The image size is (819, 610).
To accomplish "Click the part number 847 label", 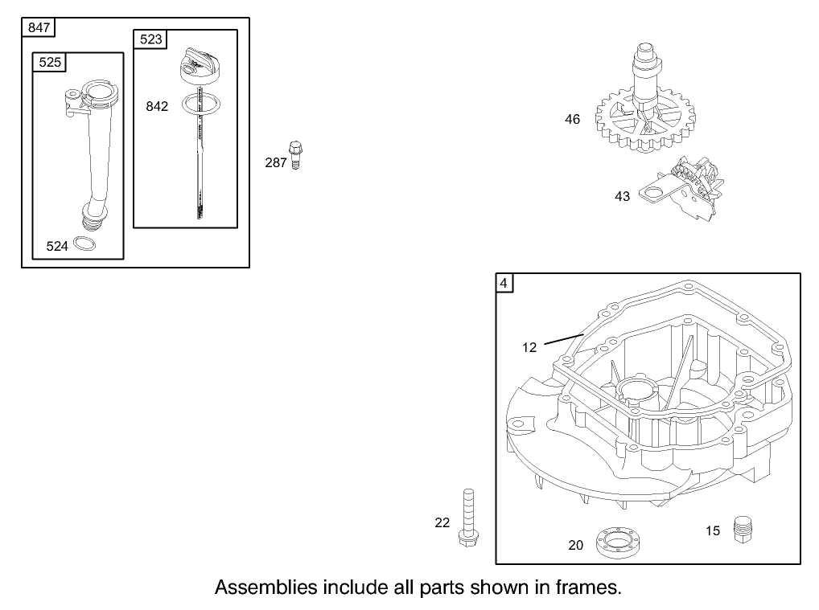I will (39, 28).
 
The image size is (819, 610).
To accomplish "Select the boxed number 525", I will (50, 62).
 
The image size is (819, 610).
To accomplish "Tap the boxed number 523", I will (150, 39).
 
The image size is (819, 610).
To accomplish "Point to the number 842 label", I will (157, 106).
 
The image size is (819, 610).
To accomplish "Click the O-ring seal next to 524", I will (85, 244).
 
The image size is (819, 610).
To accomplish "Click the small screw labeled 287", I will (296, 154).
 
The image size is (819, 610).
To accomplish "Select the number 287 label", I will (276, 162).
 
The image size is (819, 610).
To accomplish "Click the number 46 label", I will (572, 119).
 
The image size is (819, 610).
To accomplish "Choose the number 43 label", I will (622, 196).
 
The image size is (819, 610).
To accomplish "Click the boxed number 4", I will (504, 283).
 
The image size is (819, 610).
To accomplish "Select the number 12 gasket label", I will (529, 347).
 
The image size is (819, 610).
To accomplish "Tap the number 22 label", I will (442, 522).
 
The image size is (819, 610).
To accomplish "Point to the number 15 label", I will (713, 530).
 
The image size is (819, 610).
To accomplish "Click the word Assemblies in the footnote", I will (265, 587).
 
